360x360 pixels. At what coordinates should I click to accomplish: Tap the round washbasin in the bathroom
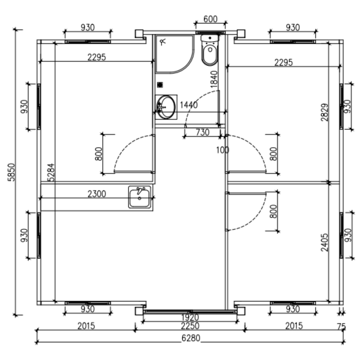(x=166, y=107)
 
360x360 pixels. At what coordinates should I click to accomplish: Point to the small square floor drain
(x=160, y=85)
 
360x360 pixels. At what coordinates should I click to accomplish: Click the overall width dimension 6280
(x=190, y=338)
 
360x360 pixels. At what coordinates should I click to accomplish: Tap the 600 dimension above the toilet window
(x=210, y=19)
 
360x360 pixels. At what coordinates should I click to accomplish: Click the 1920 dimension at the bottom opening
(x=190, y=318)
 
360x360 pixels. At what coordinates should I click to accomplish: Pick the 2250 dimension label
(x=190, y=326)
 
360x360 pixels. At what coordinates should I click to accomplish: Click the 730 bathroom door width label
(x=202, y=132)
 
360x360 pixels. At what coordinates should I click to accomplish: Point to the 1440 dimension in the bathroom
(x=189, y=105)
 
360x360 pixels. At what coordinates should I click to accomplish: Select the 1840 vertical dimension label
(x=215, y=79)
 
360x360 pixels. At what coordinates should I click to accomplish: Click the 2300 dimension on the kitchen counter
(x=97, y=194)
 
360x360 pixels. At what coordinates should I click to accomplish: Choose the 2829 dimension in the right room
(x=325, y=112)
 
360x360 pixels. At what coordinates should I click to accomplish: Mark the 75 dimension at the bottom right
(x=342, y=327)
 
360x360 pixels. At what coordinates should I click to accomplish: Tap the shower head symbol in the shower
(x=164, y=42)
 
